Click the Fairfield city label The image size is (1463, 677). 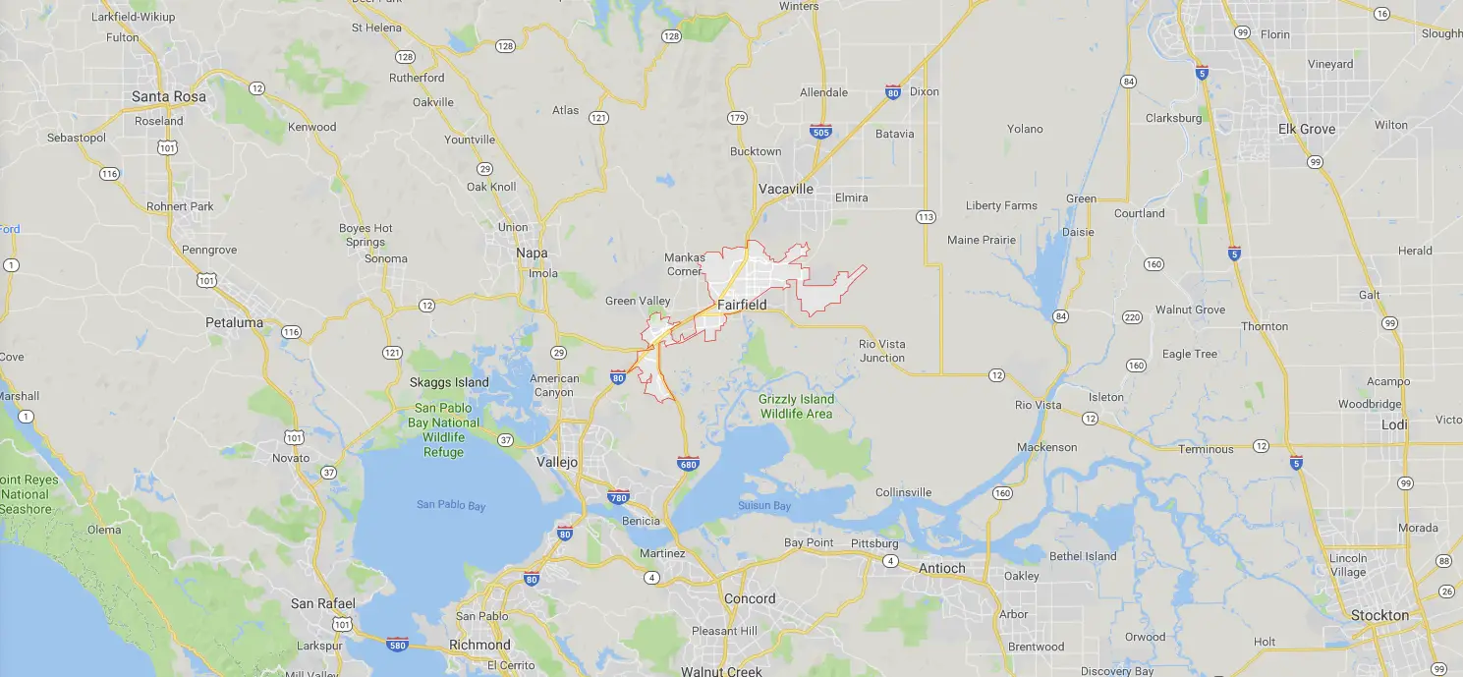point(742,305)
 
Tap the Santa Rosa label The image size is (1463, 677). point(169,97)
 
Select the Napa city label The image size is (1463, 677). point(532,253)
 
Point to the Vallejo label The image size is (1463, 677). point(557,462)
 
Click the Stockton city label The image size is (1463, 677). point(1379,616)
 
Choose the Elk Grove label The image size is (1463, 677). point(1306,129)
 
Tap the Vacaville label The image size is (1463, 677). point(786,189)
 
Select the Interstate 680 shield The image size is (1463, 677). point(688,462)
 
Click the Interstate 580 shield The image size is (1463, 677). point(398,645)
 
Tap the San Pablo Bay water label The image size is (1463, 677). point(451,505)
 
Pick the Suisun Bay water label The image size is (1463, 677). point(764,506)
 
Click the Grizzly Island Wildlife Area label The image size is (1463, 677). point(796,406)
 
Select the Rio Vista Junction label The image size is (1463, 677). point(881,351)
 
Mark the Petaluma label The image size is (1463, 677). point(235,322)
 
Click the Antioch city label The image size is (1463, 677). point(941,568)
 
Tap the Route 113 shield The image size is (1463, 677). point(925,217)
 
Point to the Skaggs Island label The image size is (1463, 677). point(449,382)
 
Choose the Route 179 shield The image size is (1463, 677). point(737,119)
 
